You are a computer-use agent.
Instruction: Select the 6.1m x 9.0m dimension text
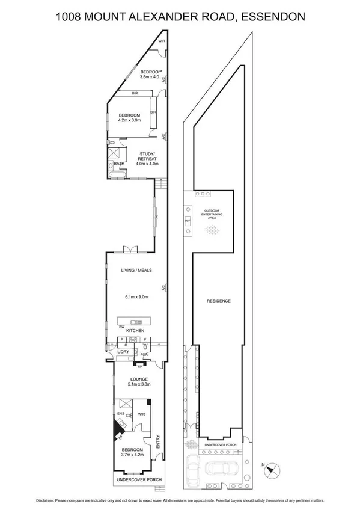136,296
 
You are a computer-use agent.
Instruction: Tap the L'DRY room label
123,354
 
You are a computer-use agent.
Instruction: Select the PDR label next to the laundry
144,354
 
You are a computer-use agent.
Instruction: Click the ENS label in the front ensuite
120,414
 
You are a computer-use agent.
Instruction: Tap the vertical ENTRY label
158,441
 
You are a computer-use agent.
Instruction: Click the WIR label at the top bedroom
162,41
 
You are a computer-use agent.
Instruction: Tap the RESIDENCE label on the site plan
219,301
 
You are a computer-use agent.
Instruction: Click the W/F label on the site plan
188,221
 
